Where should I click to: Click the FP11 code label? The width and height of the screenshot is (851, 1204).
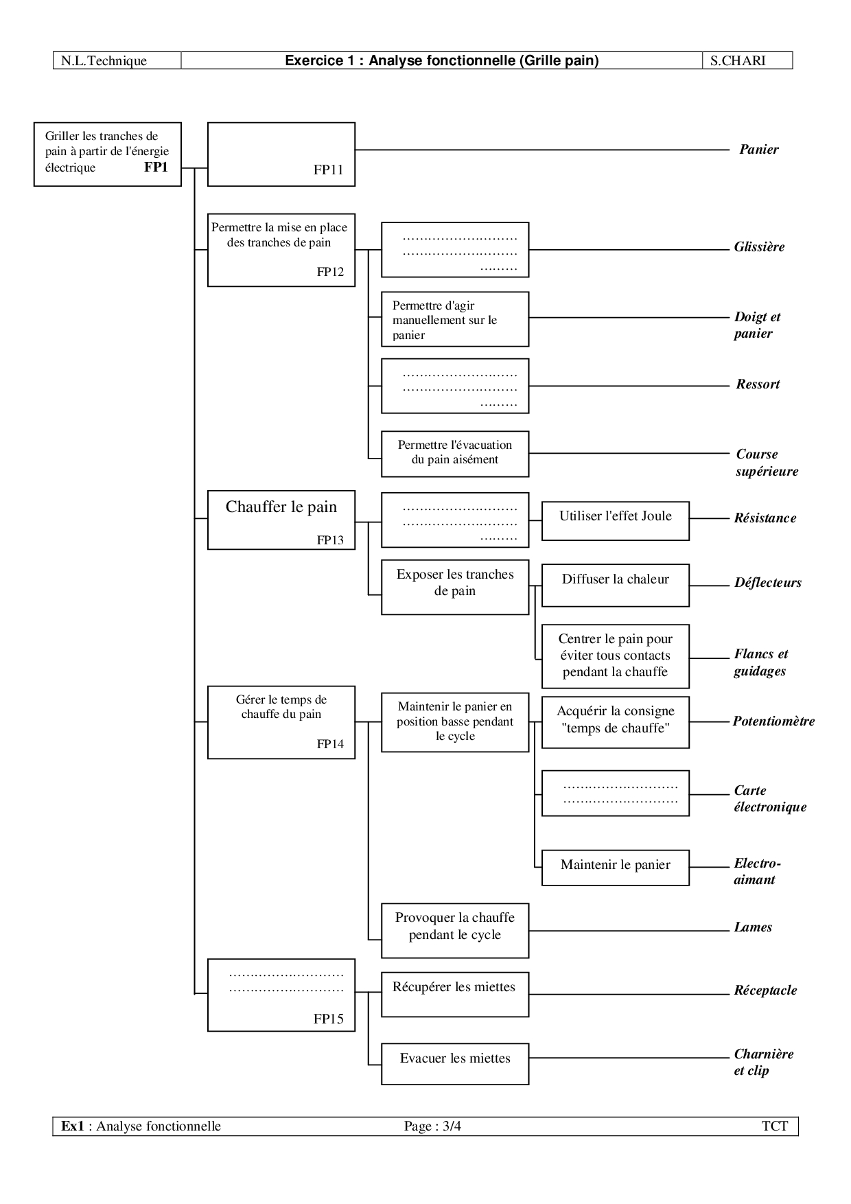[x=328, y=170]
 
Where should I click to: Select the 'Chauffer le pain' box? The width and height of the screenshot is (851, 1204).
[x=281, y=520]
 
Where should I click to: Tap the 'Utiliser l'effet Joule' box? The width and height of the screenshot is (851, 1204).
[x=616, y=520]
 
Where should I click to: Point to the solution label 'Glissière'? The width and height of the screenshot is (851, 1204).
[x=759, y=247]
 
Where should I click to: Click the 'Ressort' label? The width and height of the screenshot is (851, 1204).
[x=758, y=384]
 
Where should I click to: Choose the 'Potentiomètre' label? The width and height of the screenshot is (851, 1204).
[x=773, y=721]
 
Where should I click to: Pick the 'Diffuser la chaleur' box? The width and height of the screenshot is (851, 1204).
[x=616, y=586]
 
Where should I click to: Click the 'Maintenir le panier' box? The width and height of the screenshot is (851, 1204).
[x=616, y=868]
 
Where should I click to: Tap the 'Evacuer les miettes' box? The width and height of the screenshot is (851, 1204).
[x=455, y=1065]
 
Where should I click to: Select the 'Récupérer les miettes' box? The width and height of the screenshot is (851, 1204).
[x=455, y=994]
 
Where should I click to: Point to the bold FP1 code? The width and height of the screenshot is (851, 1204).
[x=156, y=167]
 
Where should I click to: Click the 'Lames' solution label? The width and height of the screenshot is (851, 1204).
[x=753, y=927]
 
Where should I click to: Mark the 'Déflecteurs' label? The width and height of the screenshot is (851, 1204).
[x=768, y=583]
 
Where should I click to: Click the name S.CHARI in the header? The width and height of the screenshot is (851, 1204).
[x=738, y=60]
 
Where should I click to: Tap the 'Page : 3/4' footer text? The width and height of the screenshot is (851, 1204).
[x=432, y=1126]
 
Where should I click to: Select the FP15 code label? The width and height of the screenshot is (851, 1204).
[x=328, y=1019]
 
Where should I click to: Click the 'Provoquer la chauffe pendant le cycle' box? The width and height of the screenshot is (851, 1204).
[x=455, y=931]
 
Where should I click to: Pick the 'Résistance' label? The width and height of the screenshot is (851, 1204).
[x=765, y=518]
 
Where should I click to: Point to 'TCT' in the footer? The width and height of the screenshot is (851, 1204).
[x=775, y=1126]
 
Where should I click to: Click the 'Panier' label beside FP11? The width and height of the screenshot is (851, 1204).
[x=759, y=150]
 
